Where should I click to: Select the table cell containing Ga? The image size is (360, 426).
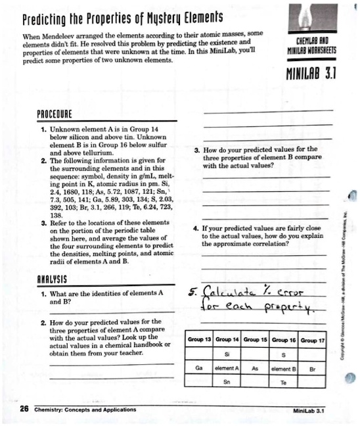(200, 369)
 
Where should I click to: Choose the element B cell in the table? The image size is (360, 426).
(286, 369)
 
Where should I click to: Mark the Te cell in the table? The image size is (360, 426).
(286, 381)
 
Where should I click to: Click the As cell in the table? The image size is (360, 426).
(257, 369)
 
